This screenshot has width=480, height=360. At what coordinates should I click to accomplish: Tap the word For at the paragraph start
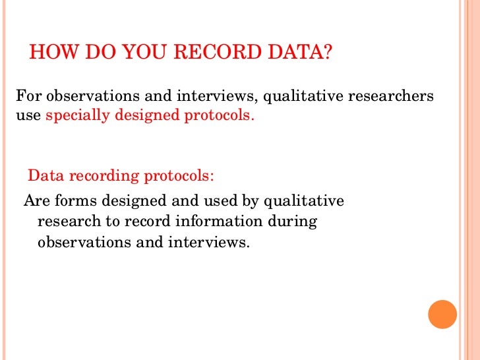tap(28, 96)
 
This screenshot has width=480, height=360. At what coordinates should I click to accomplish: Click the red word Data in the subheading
tap(44, 177)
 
